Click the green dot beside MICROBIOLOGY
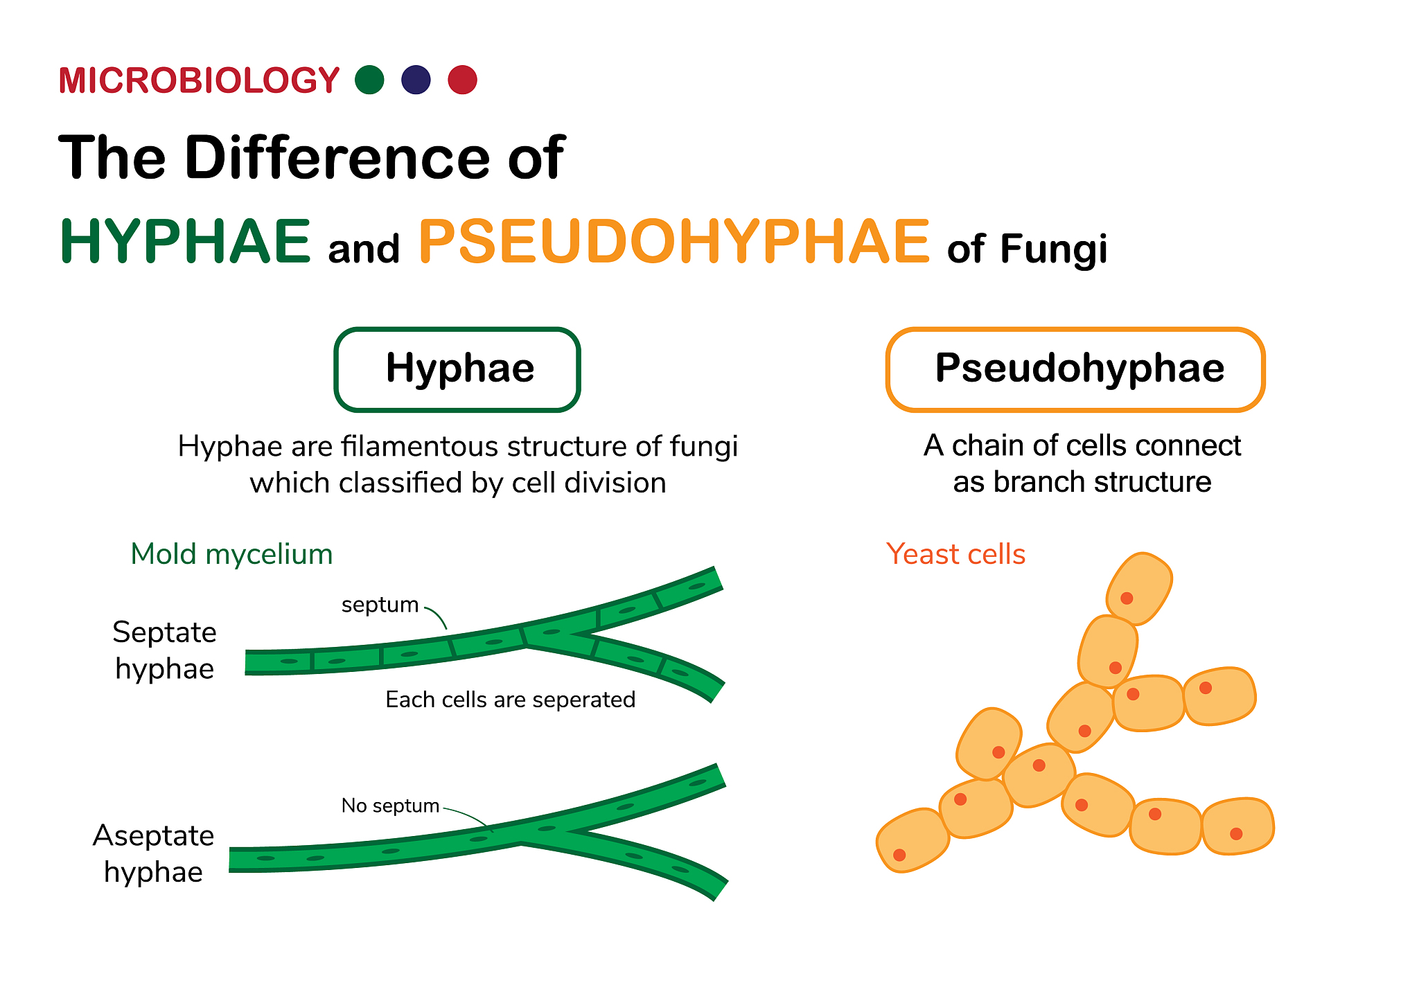(x=369, y=80)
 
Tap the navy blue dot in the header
(x=416, y=80)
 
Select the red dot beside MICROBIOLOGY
(x=462, y=80)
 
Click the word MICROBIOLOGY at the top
(x=199, y=80)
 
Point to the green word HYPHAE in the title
(x=186, y=241)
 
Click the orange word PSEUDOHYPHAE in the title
(x=674, y=241)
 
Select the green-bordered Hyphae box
(x=457, y=369)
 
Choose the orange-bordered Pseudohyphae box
(x=1075, y=369)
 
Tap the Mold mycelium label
(x=231, y=554)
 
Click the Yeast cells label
(x=955, y=554)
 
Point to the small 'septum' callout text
(x=380, y=605)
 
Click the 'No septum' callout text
(x=390, y=806)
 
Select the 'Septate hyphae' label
(x=165, y=650)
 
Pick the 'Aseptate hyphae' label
(x=153, y=853)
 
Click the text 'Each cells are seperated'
(x=510, y=700)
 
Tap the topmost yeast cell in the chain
(x=1139, y=588)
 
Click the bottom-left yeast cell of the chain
(x=913, y=840)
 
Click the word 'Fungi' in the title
(x=1053, y=249)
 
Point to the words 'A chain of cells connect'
(x=1082, y=445)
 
